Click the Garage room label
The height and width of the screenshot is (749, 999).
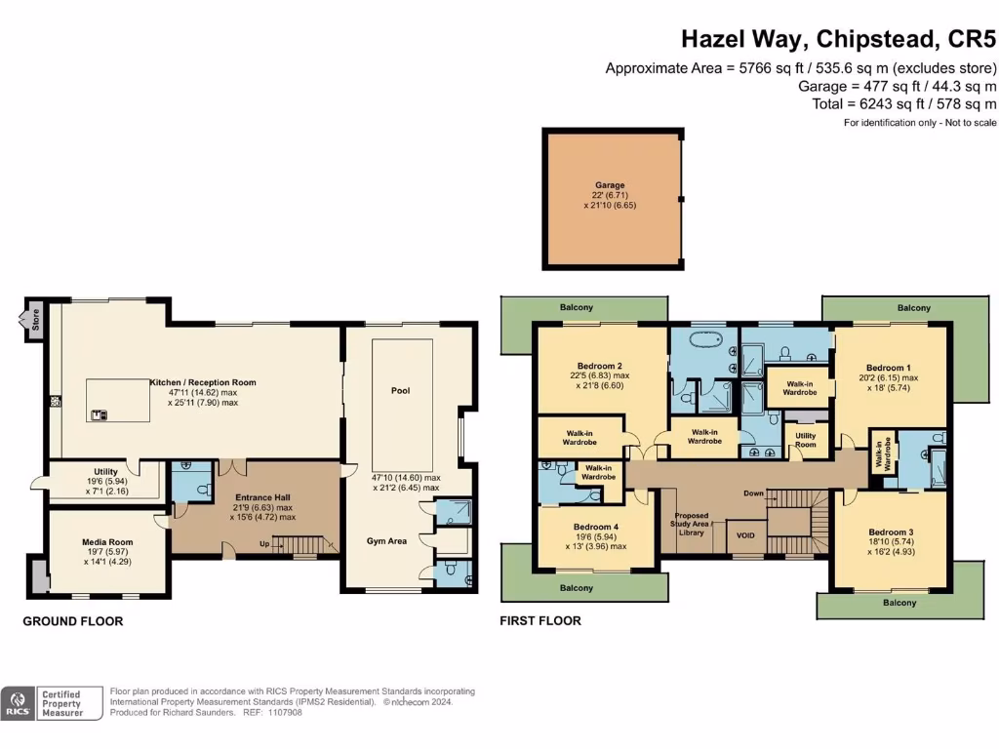click(610, 184)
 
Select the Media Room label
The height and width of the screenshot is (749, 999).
click(106, 542)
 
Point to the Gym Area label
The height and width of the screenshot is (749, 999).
click(387, 540)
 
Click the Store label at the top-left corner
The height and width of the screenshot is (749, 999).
click(35, 321)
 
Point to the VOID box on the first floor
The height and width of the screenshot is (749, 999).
click(746, 535)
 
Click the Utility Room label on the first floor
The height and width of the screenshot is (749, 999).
click(806, 440)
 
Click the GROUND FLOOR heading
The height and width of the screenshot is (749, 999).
click(73, 621)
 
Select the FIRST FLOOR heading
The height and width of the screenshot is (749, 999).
click(540, 621)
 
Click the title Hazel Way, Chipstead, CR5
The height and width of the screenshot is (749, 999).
click(838, 40)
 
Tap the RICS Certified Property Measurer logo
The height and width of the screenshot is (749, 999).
click(53, 702)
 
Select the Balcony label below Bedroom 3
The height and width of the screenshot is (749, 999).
click(900, 603)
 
